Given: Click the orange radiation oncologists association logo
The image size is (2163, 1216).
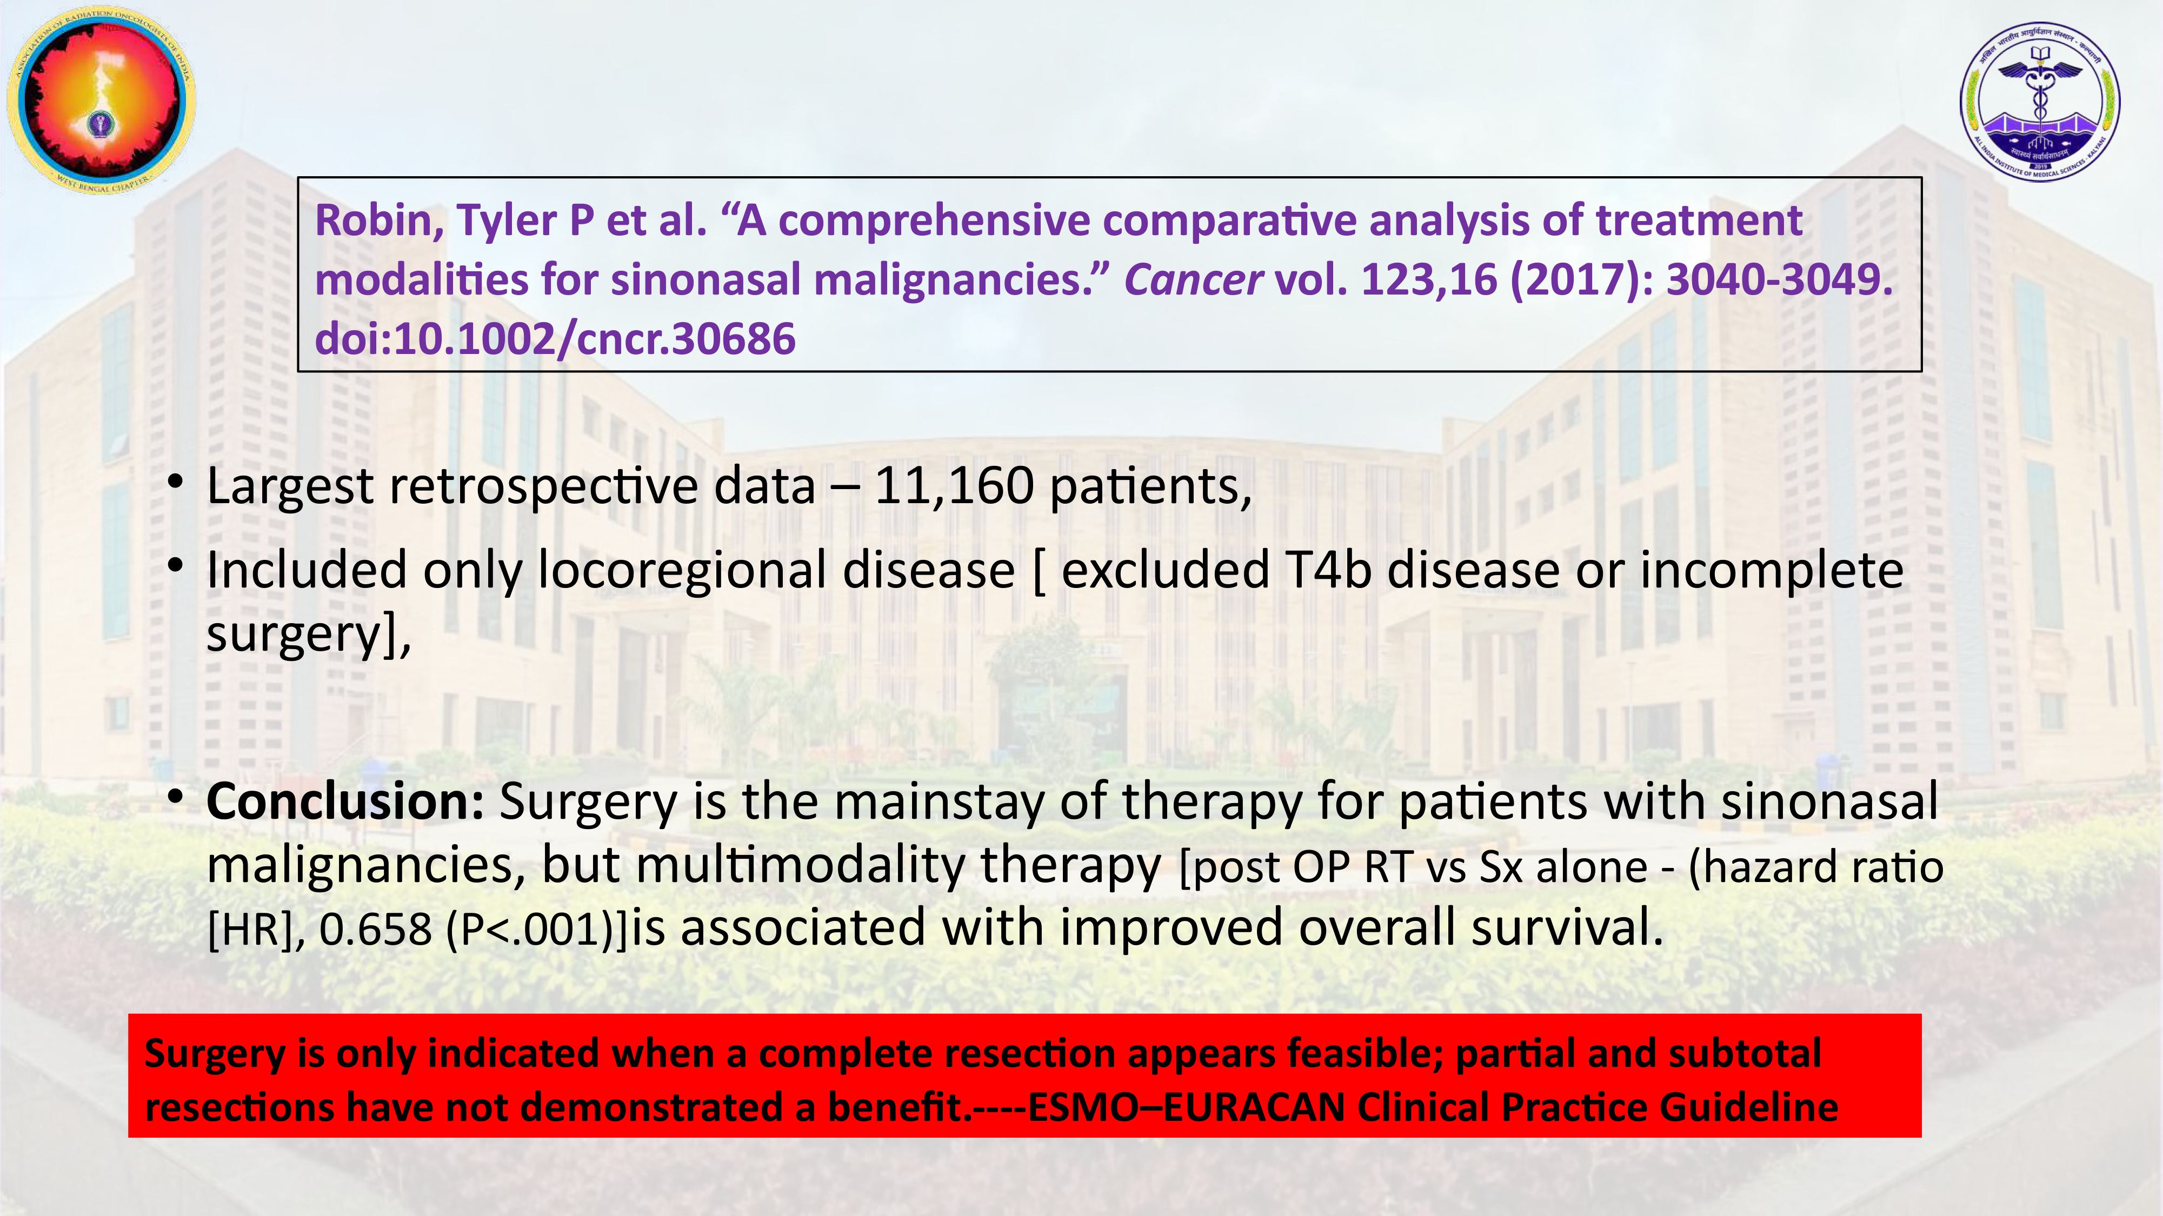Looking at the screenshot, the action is pyautogui.click(x=101, y=99).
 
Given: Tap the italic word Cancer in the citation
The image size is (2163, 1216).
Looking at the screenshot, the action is pyautogui.click(x=1193, y=279).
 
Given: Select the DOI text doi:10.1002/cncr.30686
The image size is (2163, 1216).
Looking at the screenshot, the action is pyautogui.click(x=555, y=339).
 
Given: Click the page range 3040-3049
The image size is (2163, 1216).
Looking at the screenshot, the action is pyautogui.click(x=1779, y=279).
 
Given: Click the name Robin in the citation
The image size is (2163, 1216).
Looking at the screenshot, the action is pyautogui.click(x=378, y=221).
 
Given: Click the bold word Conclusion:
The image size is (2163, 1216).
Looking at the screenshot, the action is pyautogui.click(x=345, y=801).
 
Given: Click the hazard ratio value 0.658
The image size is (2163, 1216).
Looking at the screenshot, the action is pyautogui.click(x=375, y=930).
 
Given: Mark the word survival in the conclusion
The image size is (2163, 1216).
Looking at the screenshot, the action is pyautogui.click(x=1566, y=928).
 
